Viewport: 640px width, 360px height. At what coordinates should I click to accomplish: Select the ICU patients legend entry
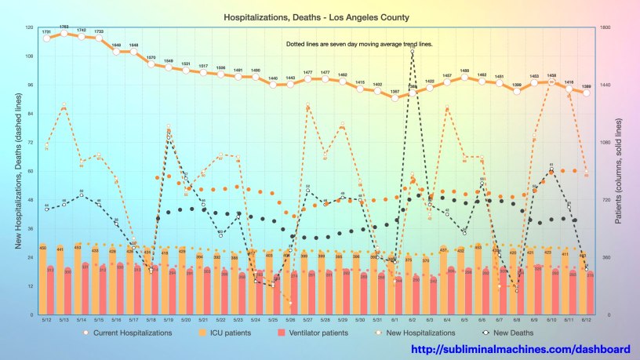(x=227, y=333)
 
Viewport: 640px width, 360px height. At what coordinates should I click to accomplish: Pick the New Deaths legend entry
(x=511, y=333)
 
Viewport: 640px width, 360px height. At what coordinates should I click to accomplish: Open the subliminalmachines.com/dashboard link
(x=521, y=349)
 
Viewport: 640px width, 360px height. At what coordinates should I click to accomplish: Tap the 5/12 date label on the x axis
(x=47, y=320)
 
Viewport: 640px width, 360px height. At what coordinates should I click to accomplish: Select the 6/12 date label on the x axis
(x=586, y=320)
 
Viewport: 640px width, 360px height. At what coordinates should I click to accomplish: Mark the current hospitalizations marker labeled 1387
(x=395, y=98)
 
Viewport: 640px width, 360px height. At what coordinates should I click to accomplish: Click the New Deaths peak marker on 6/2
(x=413, y=51)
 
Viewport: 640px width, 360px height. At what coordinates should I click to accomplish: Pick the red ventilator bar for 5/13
(x=67, y=292)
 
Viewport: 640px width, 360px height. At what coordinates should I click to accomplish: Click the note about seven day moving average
(x=359, y=45)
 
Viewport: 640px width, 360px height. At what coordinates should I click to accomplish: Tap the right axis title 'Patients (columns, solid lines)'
(x=619, y=172)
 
